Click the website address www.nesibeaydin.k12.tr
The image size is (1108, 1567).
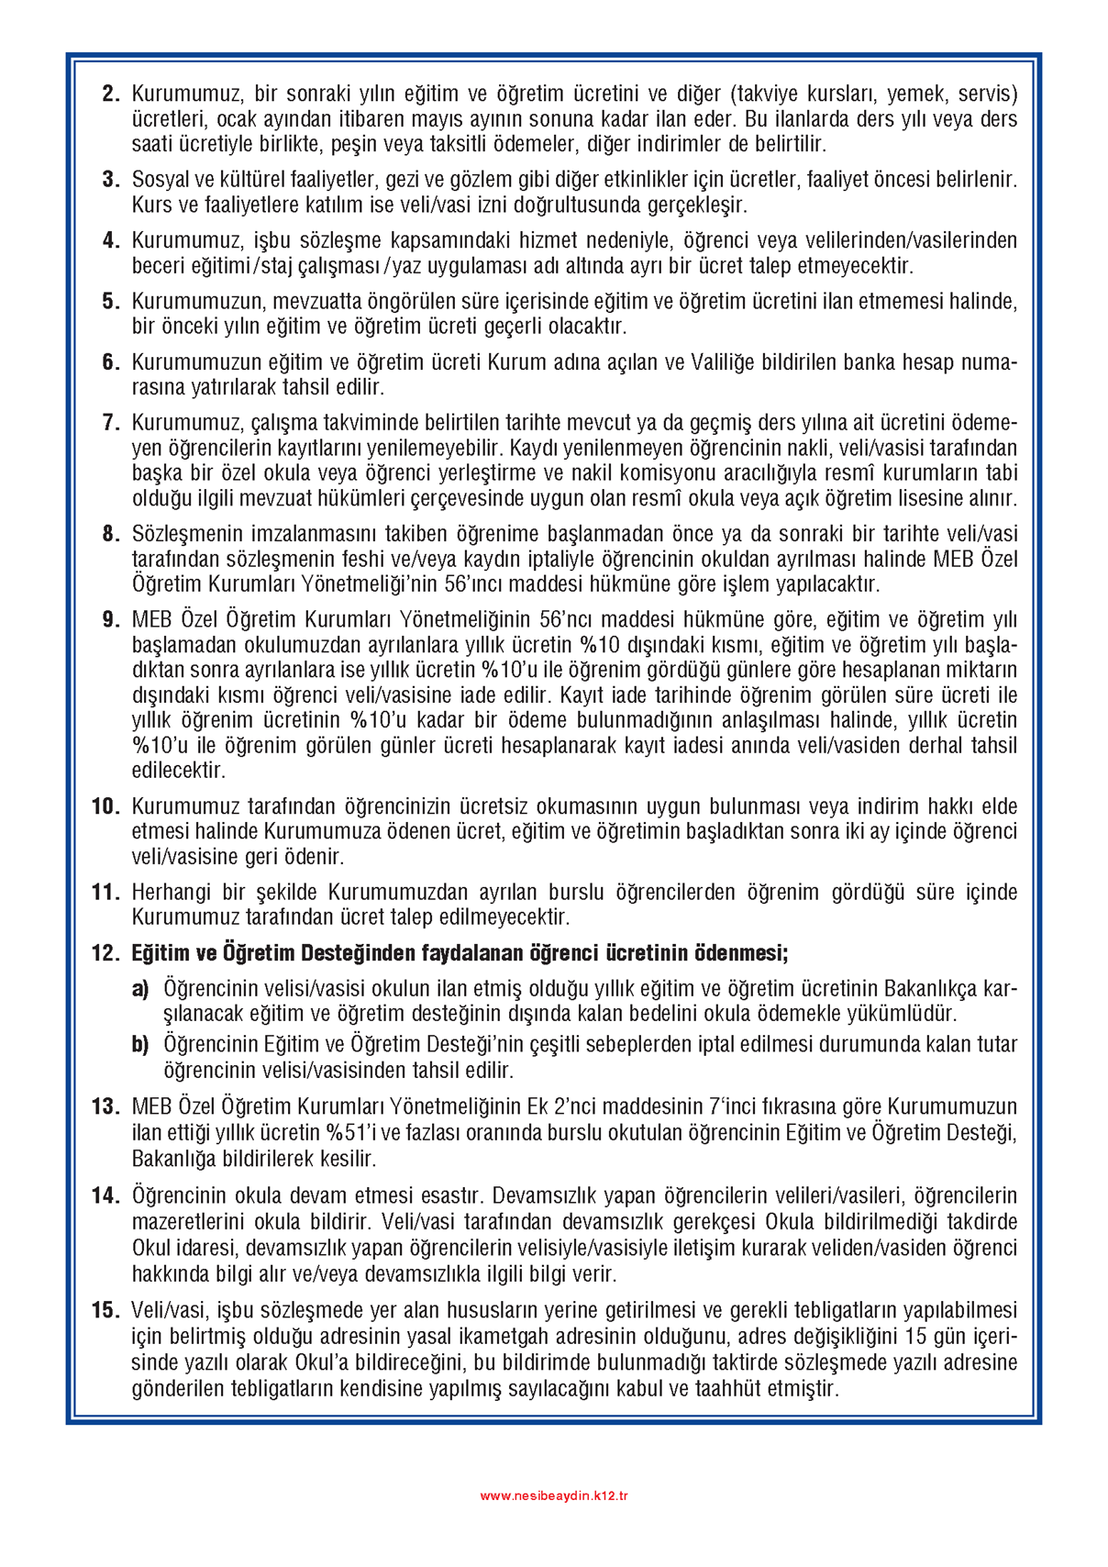point(554,1495)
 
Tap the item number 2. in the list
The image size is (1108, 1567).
point(111,94)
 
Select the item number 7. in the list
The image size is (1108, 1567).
point(111,423)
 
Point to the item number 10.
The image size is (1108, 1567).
point(105,806)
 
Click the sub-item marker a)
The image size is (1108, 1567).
point(140,988)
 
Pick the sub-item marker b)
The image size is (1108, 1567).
point(140,1044)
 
